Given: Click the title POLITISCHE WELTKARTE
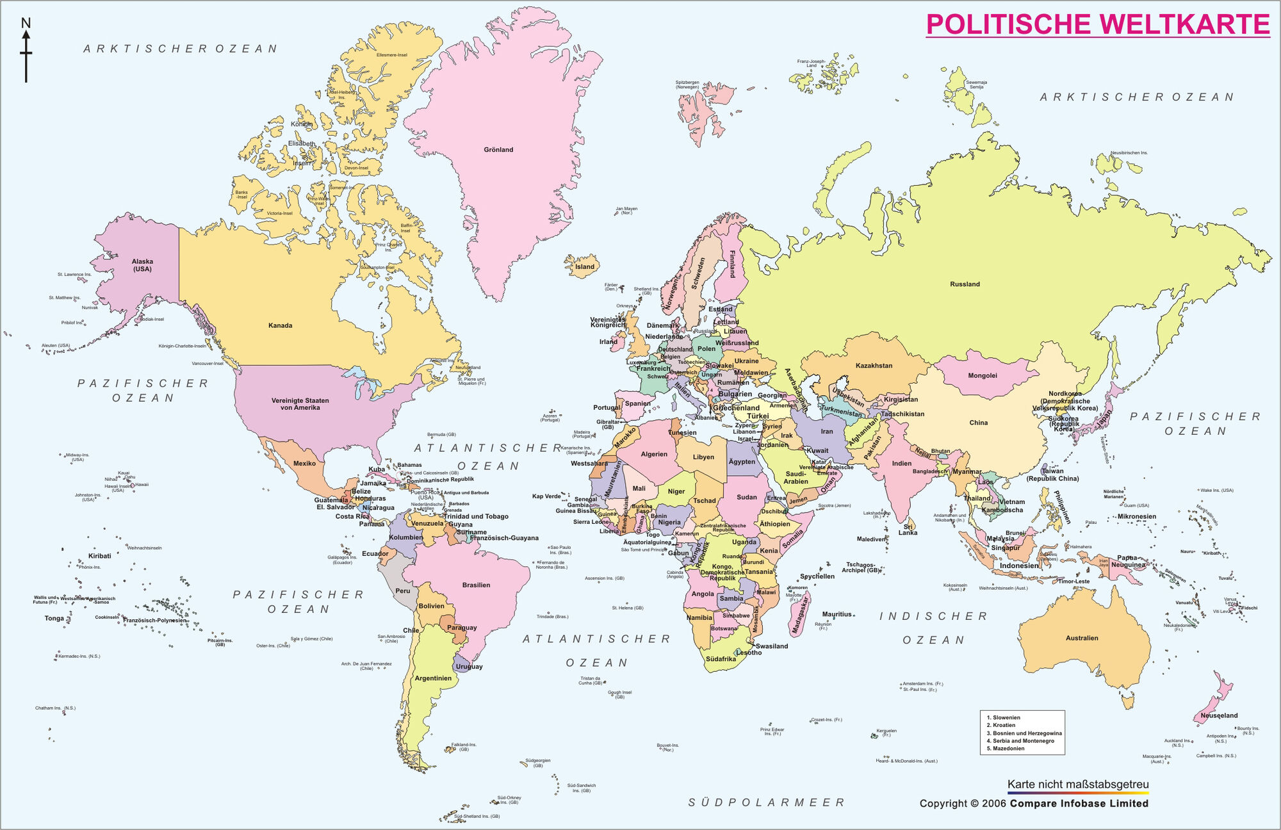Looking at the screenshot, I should point(1098,25).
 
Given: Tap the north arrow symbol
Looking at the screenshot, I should point(26,51).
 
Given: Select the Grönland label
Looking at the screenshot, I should point(498,150).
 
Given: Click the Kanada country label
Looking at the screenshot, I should point(280,325).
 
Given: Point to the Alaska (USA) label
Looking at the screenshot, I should point(142,265).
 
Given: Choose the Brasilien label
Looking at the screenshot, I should point(476,585).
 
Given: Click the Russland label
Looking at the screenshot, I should point(965,284).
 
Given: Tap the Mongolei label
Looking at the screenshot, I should point(982,376).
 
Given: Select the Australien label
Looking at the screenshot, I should point(1082,638).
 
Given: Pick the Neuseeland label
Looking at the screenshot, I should point(1219,715).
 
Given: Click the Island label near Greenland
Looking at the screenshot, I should point(584,267).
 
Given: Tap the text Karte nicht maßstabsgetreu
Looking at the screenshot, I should point(1078,785).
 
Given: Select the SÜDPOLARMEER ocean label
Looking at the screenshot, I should point(767,802).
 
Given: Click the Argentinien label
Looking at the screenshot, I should point(433,678).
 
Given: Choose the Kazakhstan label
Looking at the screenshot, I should point(874,366).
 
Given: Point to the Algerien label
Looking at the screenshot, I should point(654,454).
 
